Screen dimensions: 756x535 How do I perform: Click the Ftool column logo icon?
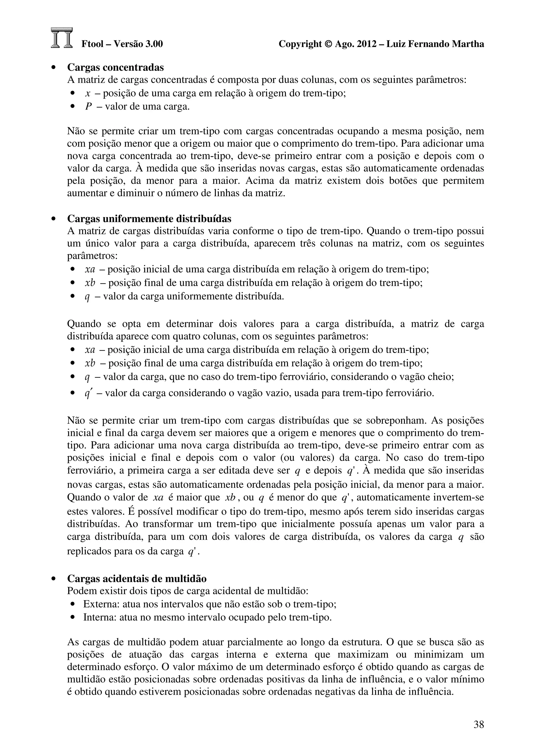62,38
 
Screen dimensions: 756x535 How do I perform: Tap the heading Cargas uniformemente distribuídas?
149,219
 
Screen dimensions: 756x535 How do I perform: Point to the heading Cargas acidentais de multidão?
137,588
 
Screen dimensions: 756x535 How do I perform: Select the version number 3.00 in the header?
154,44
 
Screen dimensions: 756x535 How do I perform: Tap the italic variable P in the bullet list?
88,107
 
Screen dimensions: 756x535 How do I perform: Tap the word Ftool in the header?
92,44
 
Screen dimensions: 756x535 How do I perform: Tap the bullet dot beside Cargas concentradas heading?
53,68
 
